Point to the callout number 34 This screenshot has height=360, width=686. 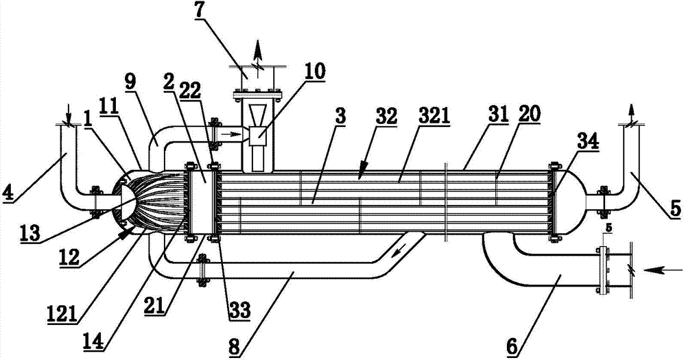577,142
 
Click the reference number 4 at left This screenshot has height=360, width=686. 8,193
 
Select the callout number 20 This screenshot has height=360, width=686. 530,114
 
